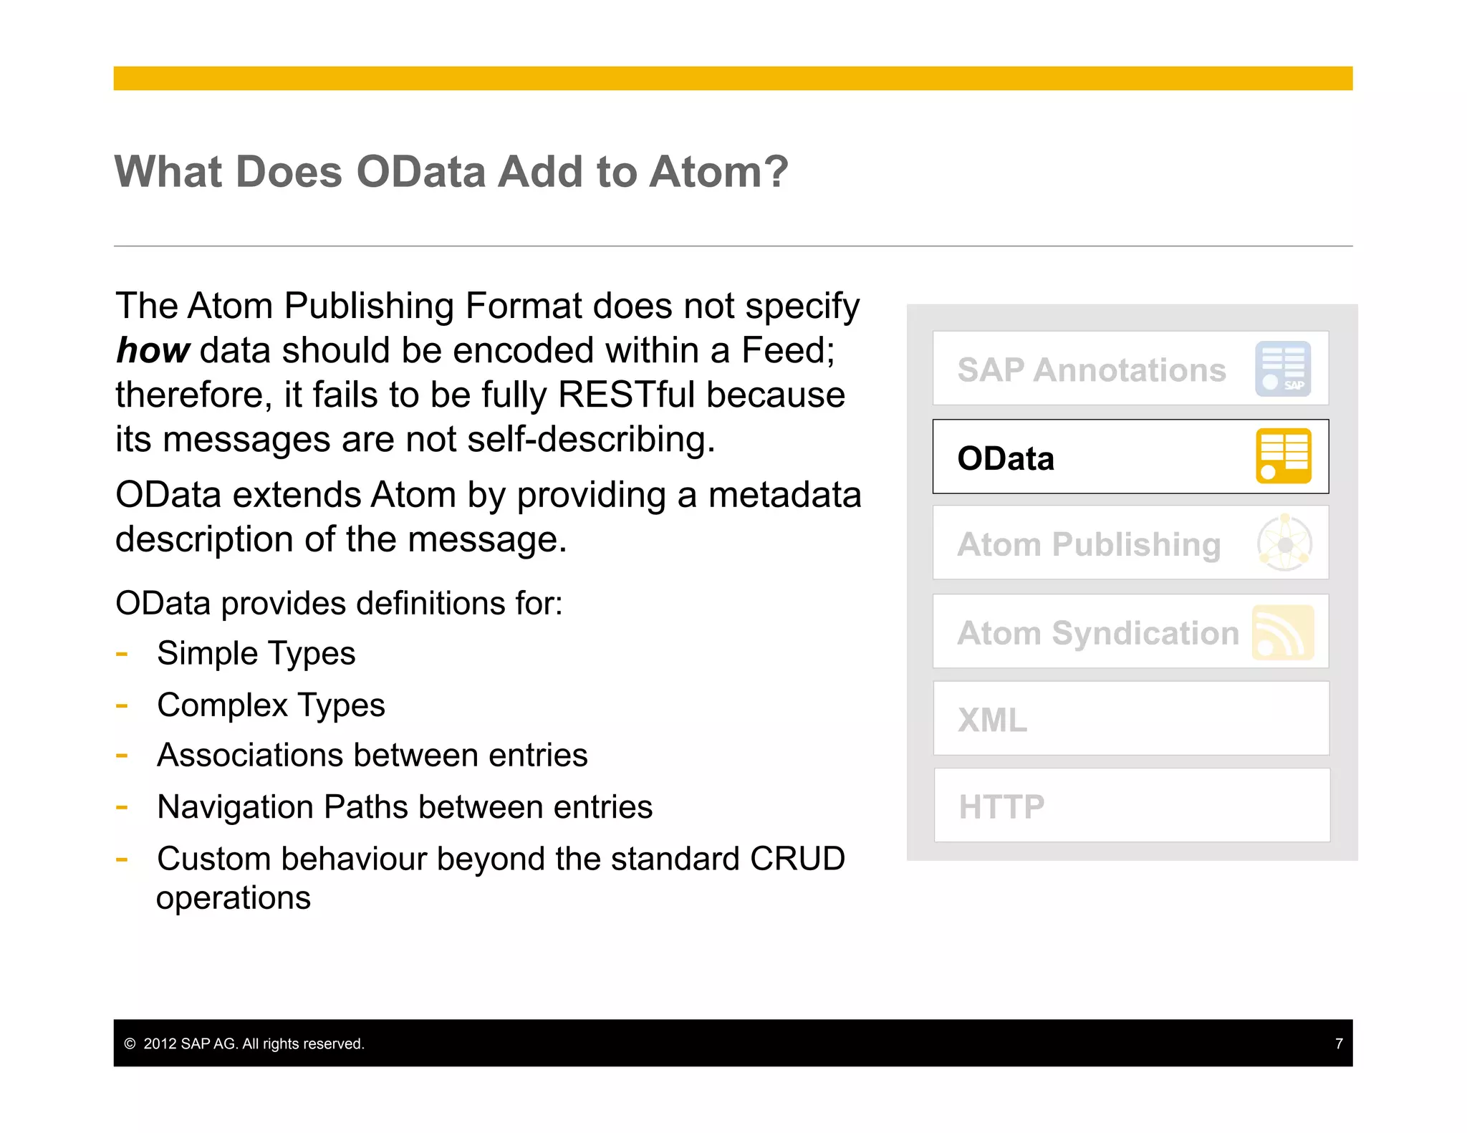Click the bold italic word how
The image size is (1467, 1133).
point(153,351)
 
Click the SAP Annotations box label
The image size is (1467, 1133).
point(1091,370)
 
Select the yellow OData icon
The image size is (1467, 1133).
point(1283,456)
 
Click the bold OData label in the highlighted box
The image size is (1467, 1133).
point(1006,458)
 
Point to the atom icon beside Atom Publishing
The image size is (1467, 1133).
point(1284,544)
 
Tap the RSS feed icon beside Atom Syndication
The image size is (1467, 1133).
point(1283,632)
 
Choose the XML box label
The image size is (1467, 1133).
point(992,720)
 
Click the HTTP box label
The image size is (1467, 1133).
point(1001,807)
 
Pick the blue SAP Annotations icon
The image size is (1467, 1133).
point(1283,369)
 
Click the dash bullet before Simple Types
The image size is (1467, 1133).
point(122,654)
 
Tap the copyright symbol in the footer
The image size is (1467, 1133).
point(130,1043)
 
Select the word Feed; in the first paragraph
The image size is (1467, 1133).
point(788,351)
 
